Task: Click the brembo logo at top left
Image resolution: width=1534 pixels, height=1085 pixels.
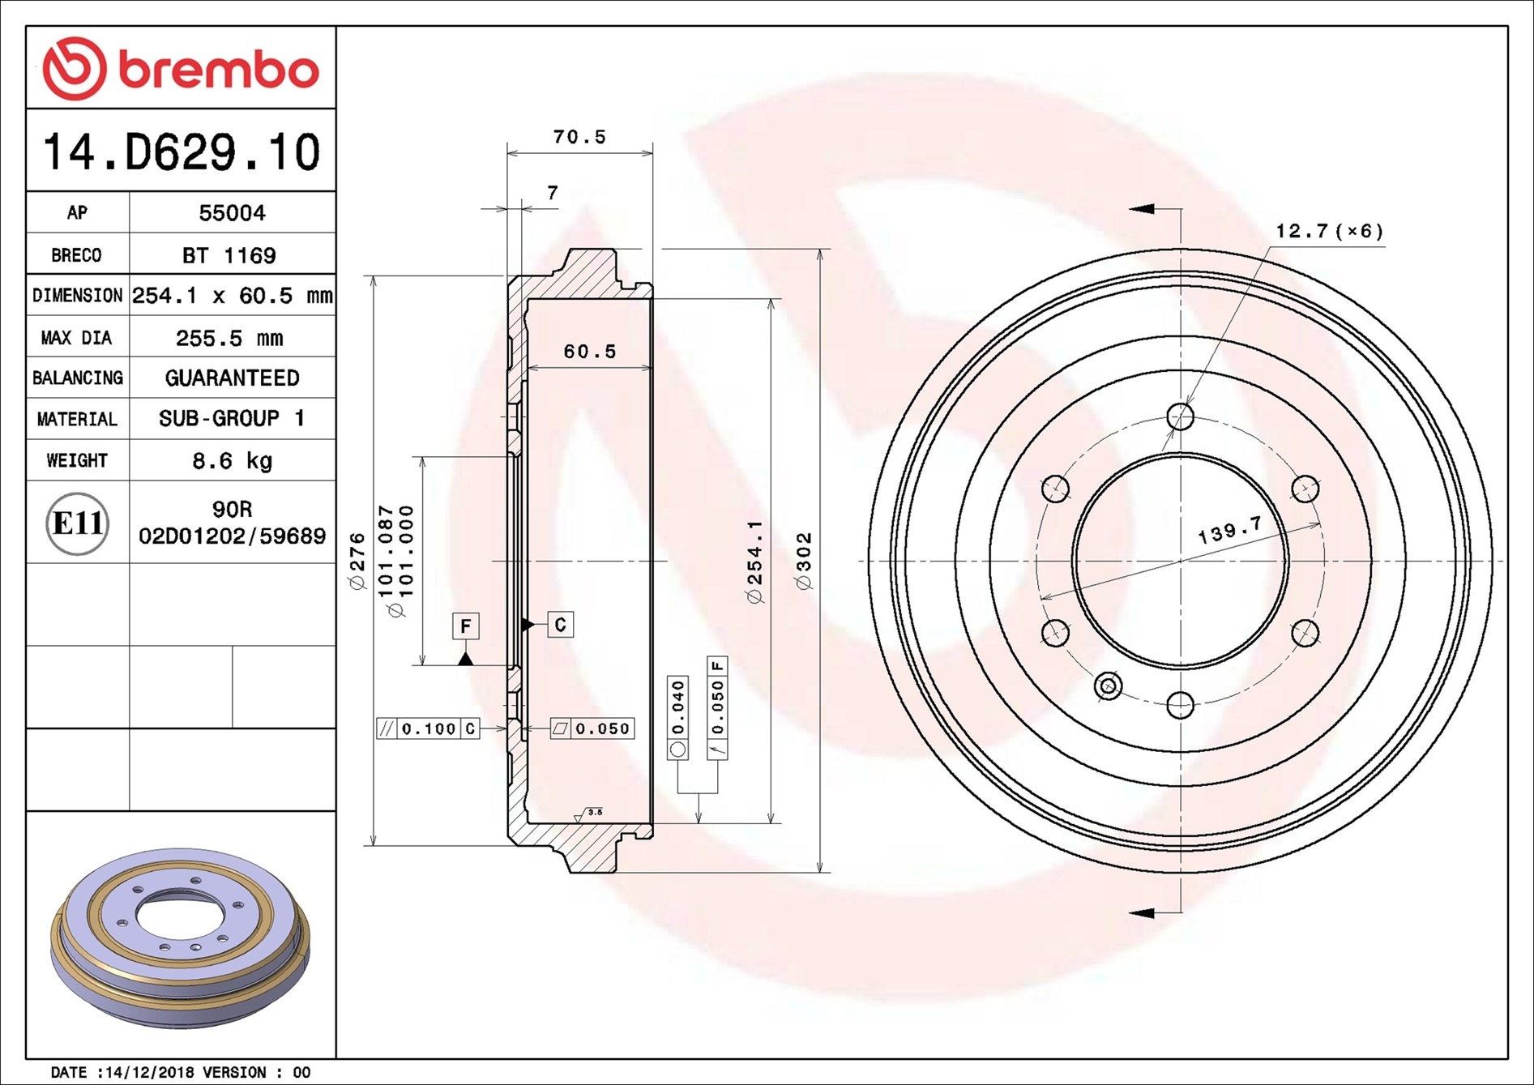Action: (180, 68)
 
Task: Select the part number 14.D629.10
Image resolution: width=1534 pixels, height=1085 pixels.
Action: (182, 152)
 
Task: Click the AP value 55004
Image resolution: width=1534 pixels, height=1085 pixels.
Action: (232, 213)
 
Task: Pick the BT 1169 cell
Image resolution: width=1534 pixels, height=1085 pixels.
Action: (229, 255)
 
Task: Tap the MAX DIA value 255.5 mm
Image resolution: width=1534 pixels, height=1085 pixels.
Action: (229, 338)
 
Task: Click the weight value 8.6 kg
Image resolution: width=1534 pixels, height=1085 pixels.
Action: (232, 461)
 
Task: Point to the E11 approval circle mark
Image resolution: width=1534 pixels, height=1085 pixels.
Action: (77, 523)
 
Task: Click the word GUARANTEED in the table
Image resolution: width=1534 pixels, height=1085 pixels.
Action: (232, 378)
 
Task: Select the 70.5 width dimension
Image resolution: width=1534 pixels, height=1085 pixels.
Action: (579, 137)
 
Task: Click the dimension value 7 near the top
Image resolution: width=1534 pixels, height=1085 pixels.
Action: (553, 193)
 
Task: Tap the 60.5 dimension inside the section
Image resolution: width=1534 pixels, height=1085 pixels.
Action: (590, 352)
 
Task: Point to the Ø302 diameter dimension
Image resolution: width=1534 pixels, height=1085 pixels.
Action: (804, 561)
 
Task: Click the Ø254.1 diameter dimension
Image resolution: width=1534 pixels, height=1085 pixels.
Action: (754, 562)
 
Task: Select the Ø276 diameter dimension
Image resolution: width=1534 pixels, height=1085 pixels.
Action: (357, 561)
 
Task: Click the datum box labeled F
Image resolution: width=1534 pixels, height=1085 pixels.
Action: (465, 626)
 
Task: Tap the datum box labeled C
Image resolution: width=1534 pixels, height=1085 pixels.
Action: (560, 624)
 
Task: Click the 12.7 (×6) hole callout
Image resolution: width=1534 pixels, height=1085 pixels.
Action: (1329, 232)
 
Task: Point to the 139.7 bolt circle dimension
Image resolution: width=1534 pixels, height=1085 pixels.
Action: (1229, 531)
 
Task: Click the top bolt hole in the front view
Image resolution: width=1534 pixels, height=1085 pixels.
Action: (1181, 417)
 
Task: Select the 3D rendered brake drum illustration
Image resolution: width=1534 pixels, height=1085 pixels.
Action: (180, 938)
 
